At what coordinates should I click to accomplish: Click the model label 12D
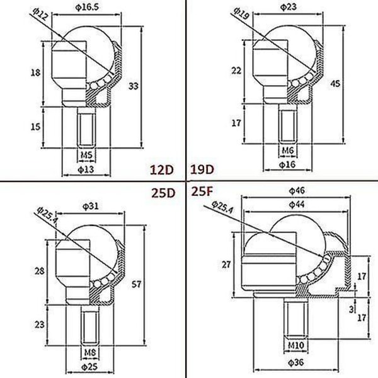[x=162, y=169]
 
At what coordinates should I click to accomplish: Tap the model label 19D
[x=202, y=169]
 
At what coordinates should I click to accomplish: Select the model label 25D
[x=163, y=193]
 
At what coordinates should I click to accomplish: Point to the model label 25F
[x=202, y=192]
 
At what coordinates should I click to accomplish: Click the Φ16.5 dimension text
[x=87, y=7]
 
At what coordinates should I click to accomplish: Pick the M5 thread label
[x=86, y=155]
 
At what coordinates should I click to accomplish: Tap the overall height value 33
[x=134, y=86]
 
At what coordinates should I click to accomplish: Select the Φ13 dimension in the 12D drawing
[x=86, y=169]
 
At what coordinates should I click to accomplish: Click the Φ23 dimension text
[x=289, y=7]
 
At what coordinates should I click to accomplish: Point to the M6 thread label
[x=288, y=151]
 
